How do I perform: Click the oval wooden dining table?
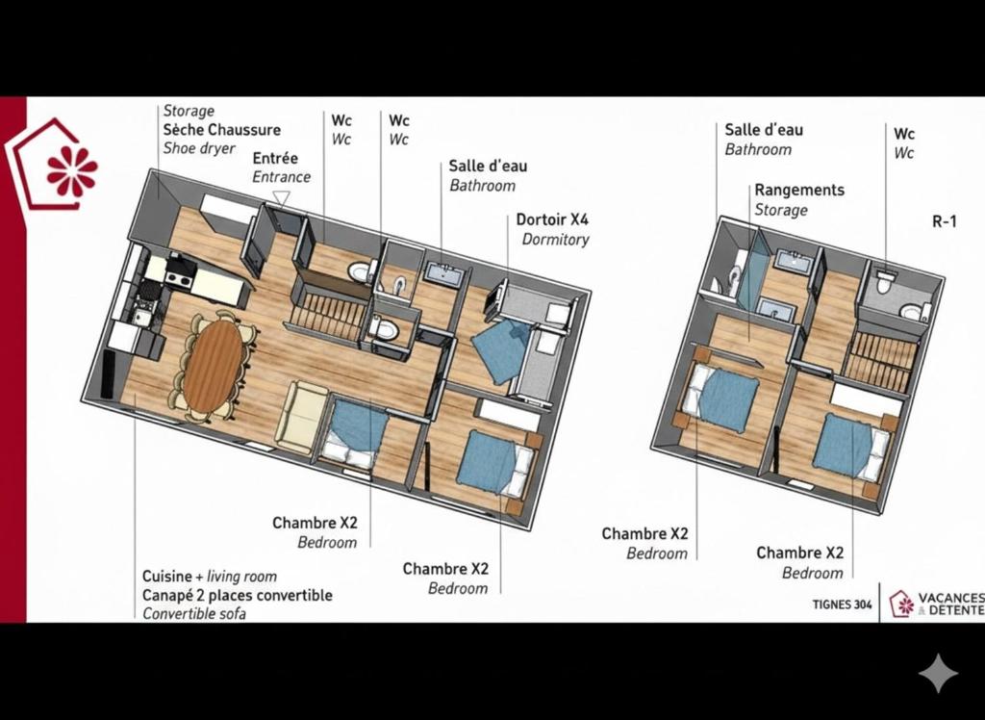tap(214, 366)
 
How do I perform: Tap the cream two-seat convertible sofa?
tap(301, 415)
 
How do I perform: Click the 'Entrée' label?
tap(275, 158)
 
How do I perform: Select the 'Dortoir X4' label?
tap(552, 219)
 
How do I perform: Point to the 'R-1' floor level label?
tap(945, 221)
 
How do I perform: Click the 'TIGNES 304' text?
tap(842, 604)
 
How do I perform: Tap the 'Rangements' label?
tap(799, 190)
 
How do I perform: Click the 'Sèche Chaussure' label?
tap(222, 130)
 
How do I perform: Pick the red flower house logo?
tap(53, 165)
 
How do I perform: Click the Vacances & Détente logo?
tap(936, 604)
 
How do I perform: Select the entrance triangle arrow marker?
tap(281, 199)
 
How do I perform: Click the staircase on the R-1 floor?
tap(879, 361)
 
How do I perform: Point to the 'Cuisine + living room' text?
tap(209, 576)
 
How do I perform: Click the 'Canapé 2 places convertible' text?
tap(237, 595)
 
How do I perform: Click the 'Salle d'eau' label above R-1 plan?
tap(763, 130)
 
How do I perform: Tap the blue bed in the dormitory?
tap(500, 349)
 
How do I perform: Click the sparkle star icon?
tap(939, 673)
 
